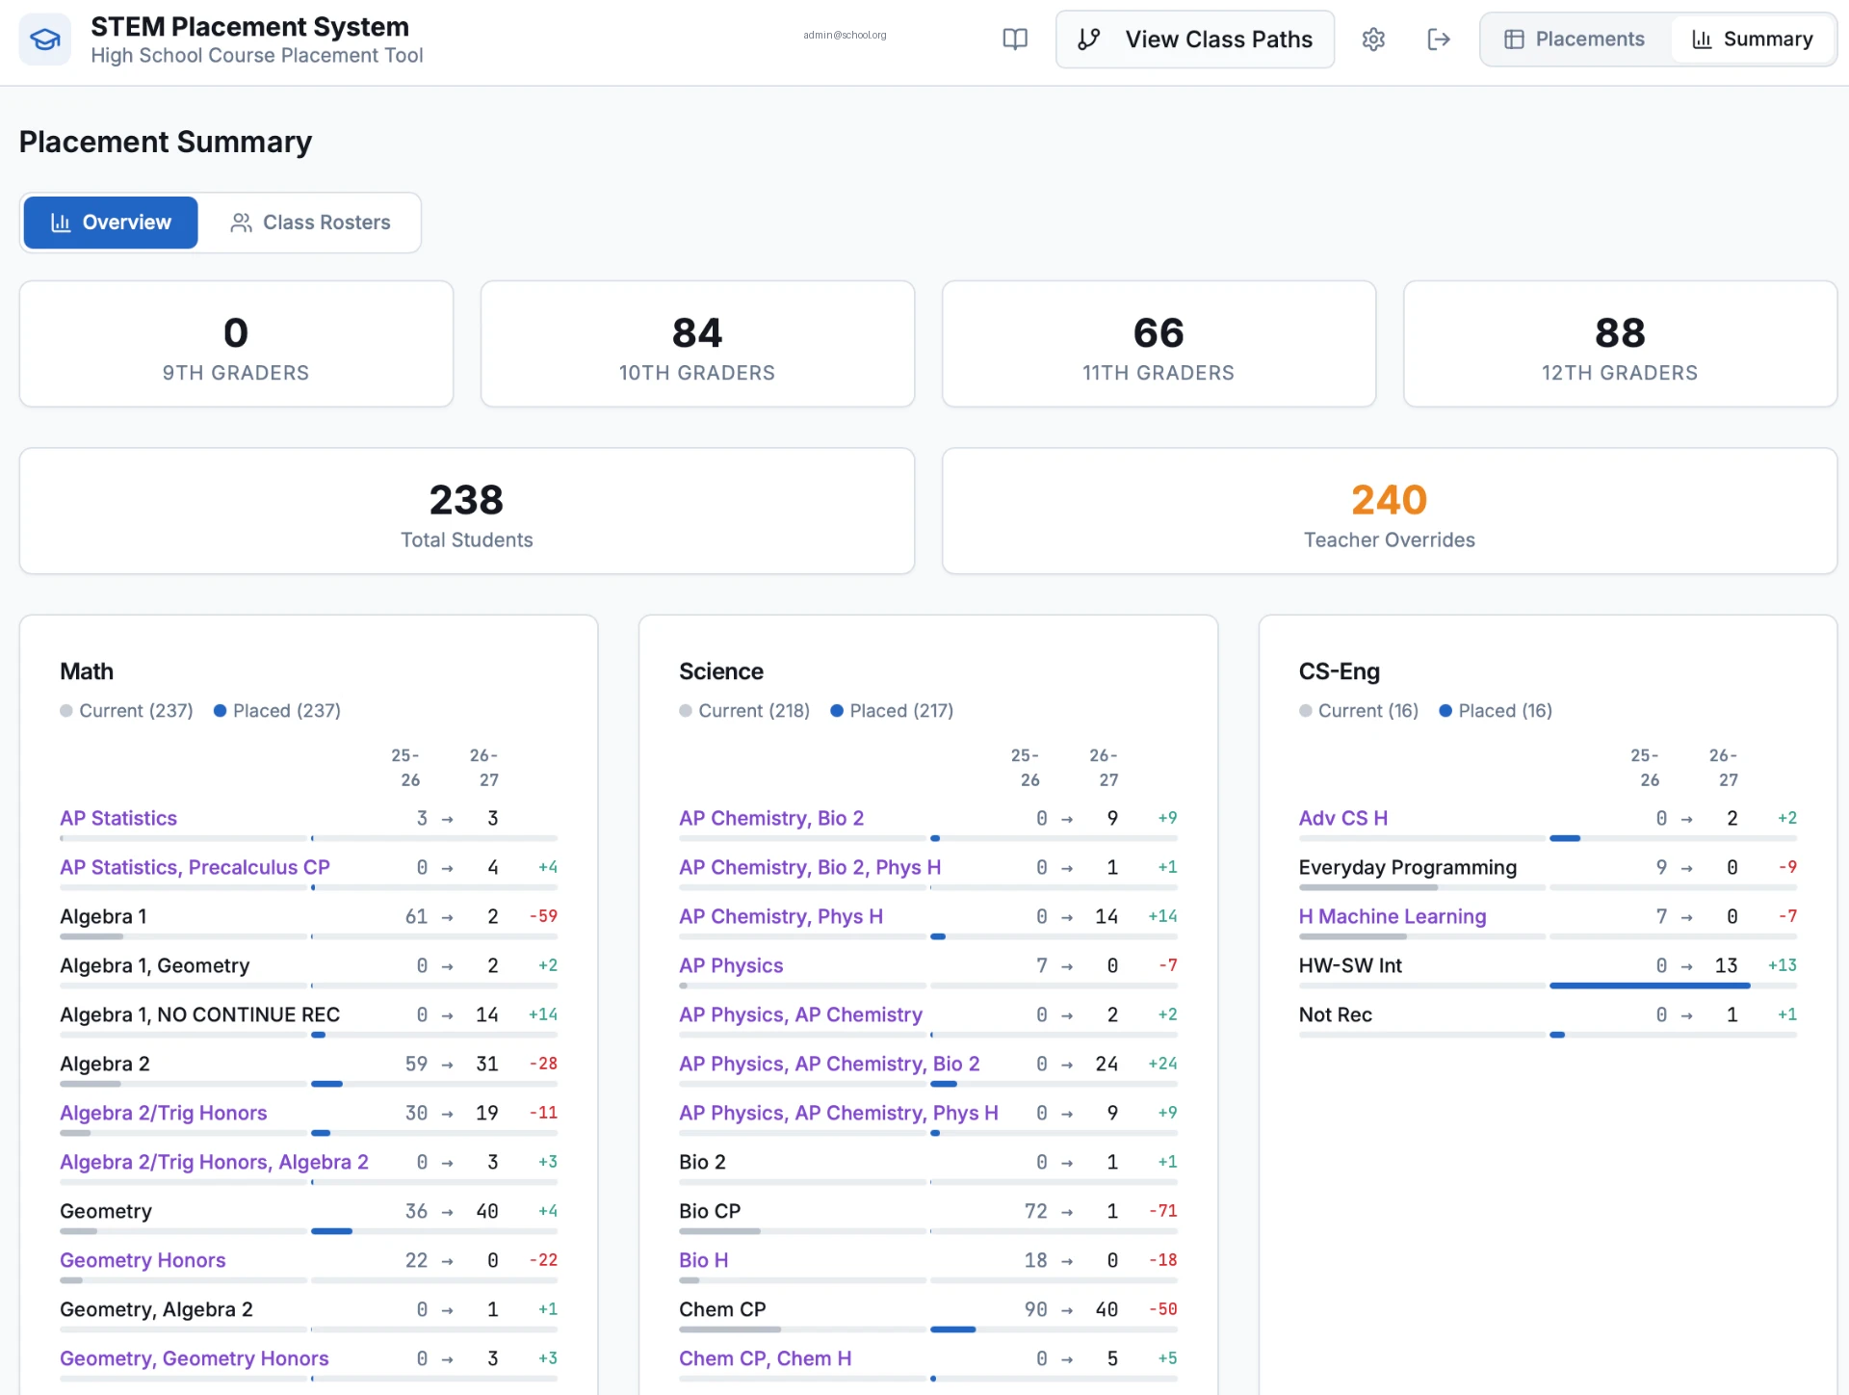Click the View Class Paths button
[x=1194, y=39]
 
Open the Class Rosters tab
[x=310, y=223]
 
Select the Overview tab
[x=111, y=223]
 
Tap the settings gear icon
[x=1373, y=39]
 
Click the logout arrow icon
[x=1439, y=39]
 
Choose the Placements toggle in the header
[x=1575, y=39]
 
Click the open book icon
[x=1015, y=39]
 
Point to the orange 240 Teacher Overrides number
[x=1389, y=500]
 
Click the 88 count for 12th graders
[x=1620, y=333]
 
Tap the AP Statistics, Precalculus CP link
[x=195, y=867]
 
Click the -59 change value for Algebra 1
[x=543, y=916]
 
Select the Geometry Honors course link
[x=143, y=1260]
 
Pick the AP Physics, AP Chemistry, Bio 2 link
[x=829, y=1064]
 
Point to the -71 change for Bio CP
[x=1163, y=1211]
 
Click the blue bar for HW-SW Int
[x=1650, y=986]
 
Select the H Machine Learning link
[x=1393, y=916]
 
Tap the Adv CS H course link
[x=1343, y=818]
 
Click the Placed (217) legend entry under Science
[x=892, y=711]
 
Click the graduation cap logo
[x=45, y=39]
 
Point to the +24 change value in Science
[x=1162, y=1064]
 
